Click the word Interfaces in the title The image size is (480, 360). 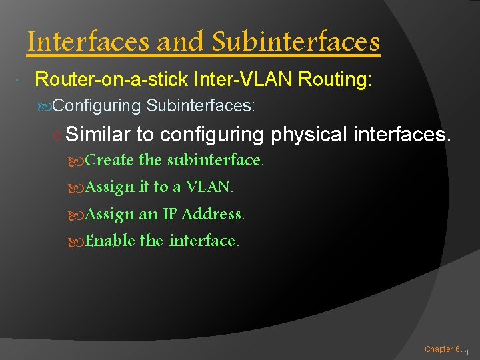click(x=89, y=42)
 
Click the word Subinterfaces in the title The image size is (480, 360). click(x=295, y=42)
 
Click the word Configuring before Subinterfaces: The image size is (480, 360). click(x=97, y=105)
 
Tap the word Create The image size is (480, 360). click(x=110, y=161)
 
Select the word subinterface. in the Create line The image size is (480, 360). click(x=215, y=161)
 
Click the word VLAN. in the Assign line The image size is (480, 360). click(x=210, y=187)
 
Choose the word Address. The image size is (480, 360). click(x=213, y=214)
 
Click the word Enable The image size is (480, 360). click(x=111, y=241)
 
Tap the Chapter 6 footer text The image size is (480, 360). click(x=442, y=349)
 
